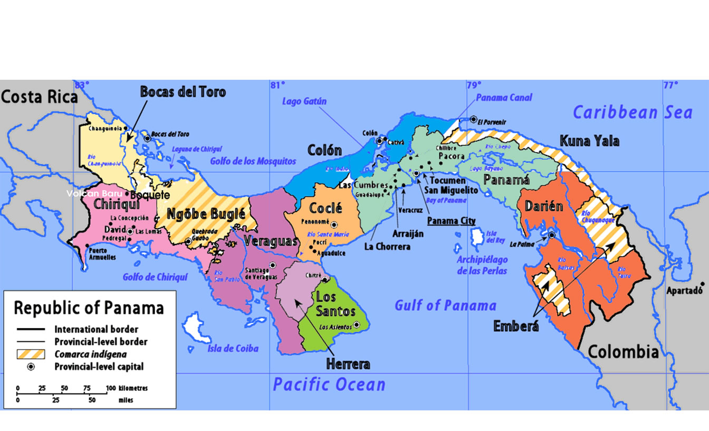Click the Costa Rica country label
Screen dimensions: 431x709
pyautogui.click(x=39, y=97)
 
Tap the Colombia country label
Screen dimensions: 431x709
pyautogui.click(x=623, y=351)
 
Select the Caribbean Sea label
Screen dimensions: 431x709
pyautogui.click(x=632, y=113)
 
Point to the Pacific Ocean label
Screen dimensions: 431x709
pyautogui.click(x=329, y=384)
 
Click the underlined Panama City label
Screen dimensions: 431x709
pyautogui.click(x=451, y=221)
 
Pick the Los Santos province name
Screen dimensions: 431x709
pyautogui.click(x=336, y=304)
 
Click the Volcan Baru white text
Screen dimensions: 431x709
pyautogui.click(x=94, y=193)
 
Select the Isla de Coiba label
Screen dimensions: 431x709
pyautogui.click(x=233, y=348)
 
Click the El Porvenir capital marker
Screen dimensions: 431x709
pyautogui.click(x=474, y=119)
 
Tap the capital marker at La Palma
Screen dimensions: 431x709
pyautogui.click(x=551, y=236)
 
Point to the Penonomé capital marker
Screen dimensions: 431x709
pyautogui.click(x=333, y=225)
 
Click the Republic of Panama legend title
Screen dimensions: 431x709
pyautogui.click(x=89, y=307)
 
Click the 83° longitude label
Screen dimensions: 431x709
pyautogui.click(x=82, y=85)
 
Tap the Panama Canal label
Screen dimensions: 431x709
pyautogui.click(x=504, y=97)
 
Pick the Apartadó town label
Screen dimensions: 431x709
pyautogui.click(x=685, y=291)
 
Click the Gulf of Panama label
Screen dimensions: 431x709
pyautogui.click(x=445, y=305)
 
